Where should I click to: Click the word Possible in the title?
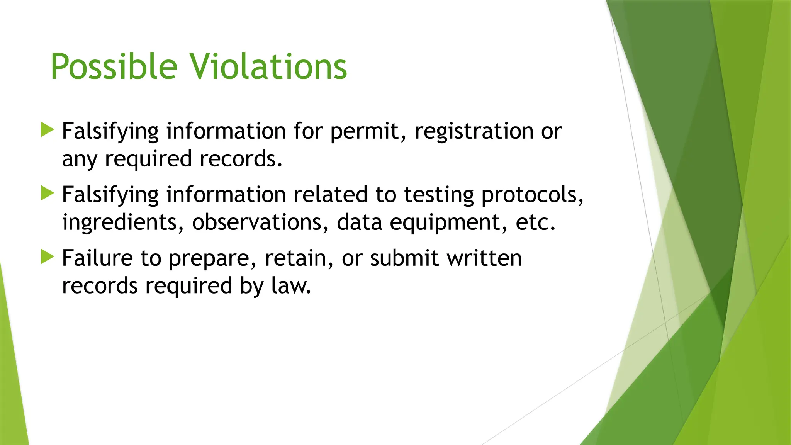[x=114, y=67]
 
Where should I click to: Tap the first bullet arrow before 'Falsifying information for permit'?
[x=47, y=130]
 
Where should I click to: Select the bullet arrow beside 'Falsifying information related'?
[x=47, y=193]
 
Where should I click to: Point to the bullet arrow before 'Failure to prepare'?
[x=47, y=257]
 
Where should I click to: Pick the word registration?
[x=474, y=131]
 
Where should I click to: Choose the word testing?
[x=439, y=195]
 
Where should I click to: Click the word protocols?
[x=532, y=195]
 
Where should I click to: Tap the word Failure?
[x=97, y=258]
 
